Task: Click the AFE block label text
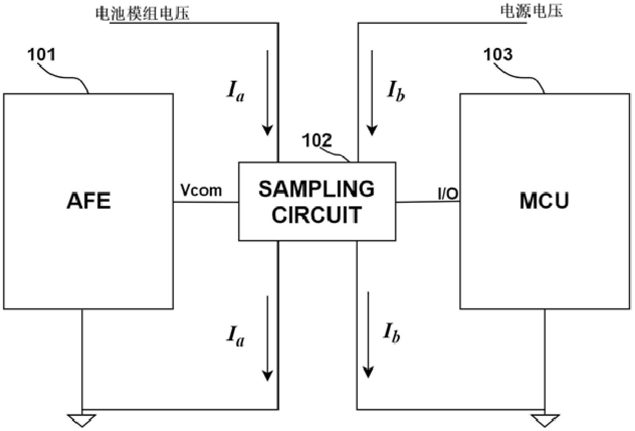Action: (x=89, y=201)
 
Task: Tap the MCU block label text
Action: (x=544, y=201)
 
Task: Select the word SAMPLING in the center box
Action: (x=316, y=189)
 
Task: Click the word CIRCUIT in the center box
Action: (x=316, y=215)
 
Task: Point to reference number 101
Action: (x=41, y=54)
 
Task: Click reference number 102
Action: (x=317, y=140)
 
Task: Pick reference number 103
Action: (x=498, y=54)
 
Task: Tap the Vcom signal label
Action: (x=201, y=190)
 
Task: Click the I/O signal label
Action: (x=448, y=194)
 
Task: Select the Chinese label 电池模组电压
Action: (x=143, y=13)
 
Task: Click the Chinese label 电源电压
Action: (x=531, y=11)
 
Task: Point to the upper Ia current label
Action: (x=235, y=91)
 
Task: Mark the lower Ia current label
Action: (x=235, y=336)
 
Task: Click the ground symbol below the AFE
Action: (x=82, y=420)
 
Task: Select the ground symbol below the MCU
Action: (x=545, y=420)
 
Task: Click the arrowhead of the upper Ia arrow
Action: (x=267, y=130)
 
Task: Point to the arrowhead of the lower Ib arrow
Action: (x=368, y=372)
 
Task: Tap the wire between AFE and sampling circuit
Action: (x=206, y=202)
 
